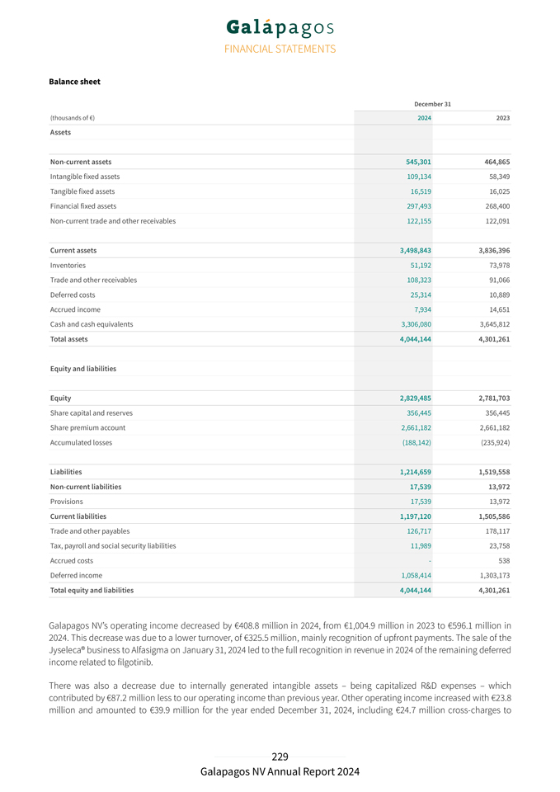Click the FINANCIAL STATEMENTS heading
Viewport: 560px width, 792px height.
[x=280, y=49]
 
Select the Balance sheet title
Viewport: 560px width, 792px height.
[x=75, y=82]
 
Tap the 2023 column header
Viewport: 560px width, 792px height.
[x=502, y=118]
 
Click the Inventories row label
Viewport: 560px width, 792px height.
[x=68, y=265]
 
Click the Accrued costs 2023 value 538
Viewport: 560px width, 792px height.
[x=502, y=560]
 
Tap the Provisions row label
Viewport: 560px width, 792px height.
[x=66, y=501]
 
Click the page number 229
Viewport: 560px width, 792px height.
[x=280, y=757]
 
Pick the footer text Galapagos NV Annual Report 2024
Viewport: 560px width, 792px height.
[x=280, y=771]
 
